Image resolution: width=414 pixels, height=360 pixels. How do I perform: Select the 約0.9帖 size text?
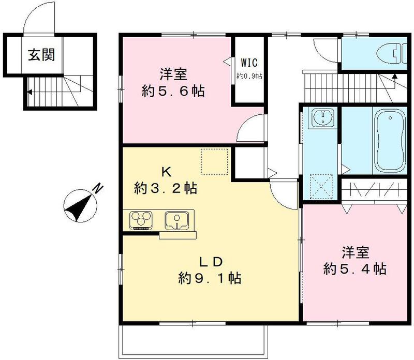pyautogui.click(x=249, y=76)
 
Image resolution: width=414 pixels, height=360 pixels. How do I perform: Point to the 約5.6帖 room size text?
pyautogui.click(x=173, y=92)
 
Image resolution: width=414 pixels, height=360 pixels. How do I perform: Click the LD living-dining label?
pyautogui.click(x=209, y=261)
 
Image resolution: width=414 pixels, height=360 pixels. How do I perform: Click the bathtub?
pyautogui.click(x=390, y=141)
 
